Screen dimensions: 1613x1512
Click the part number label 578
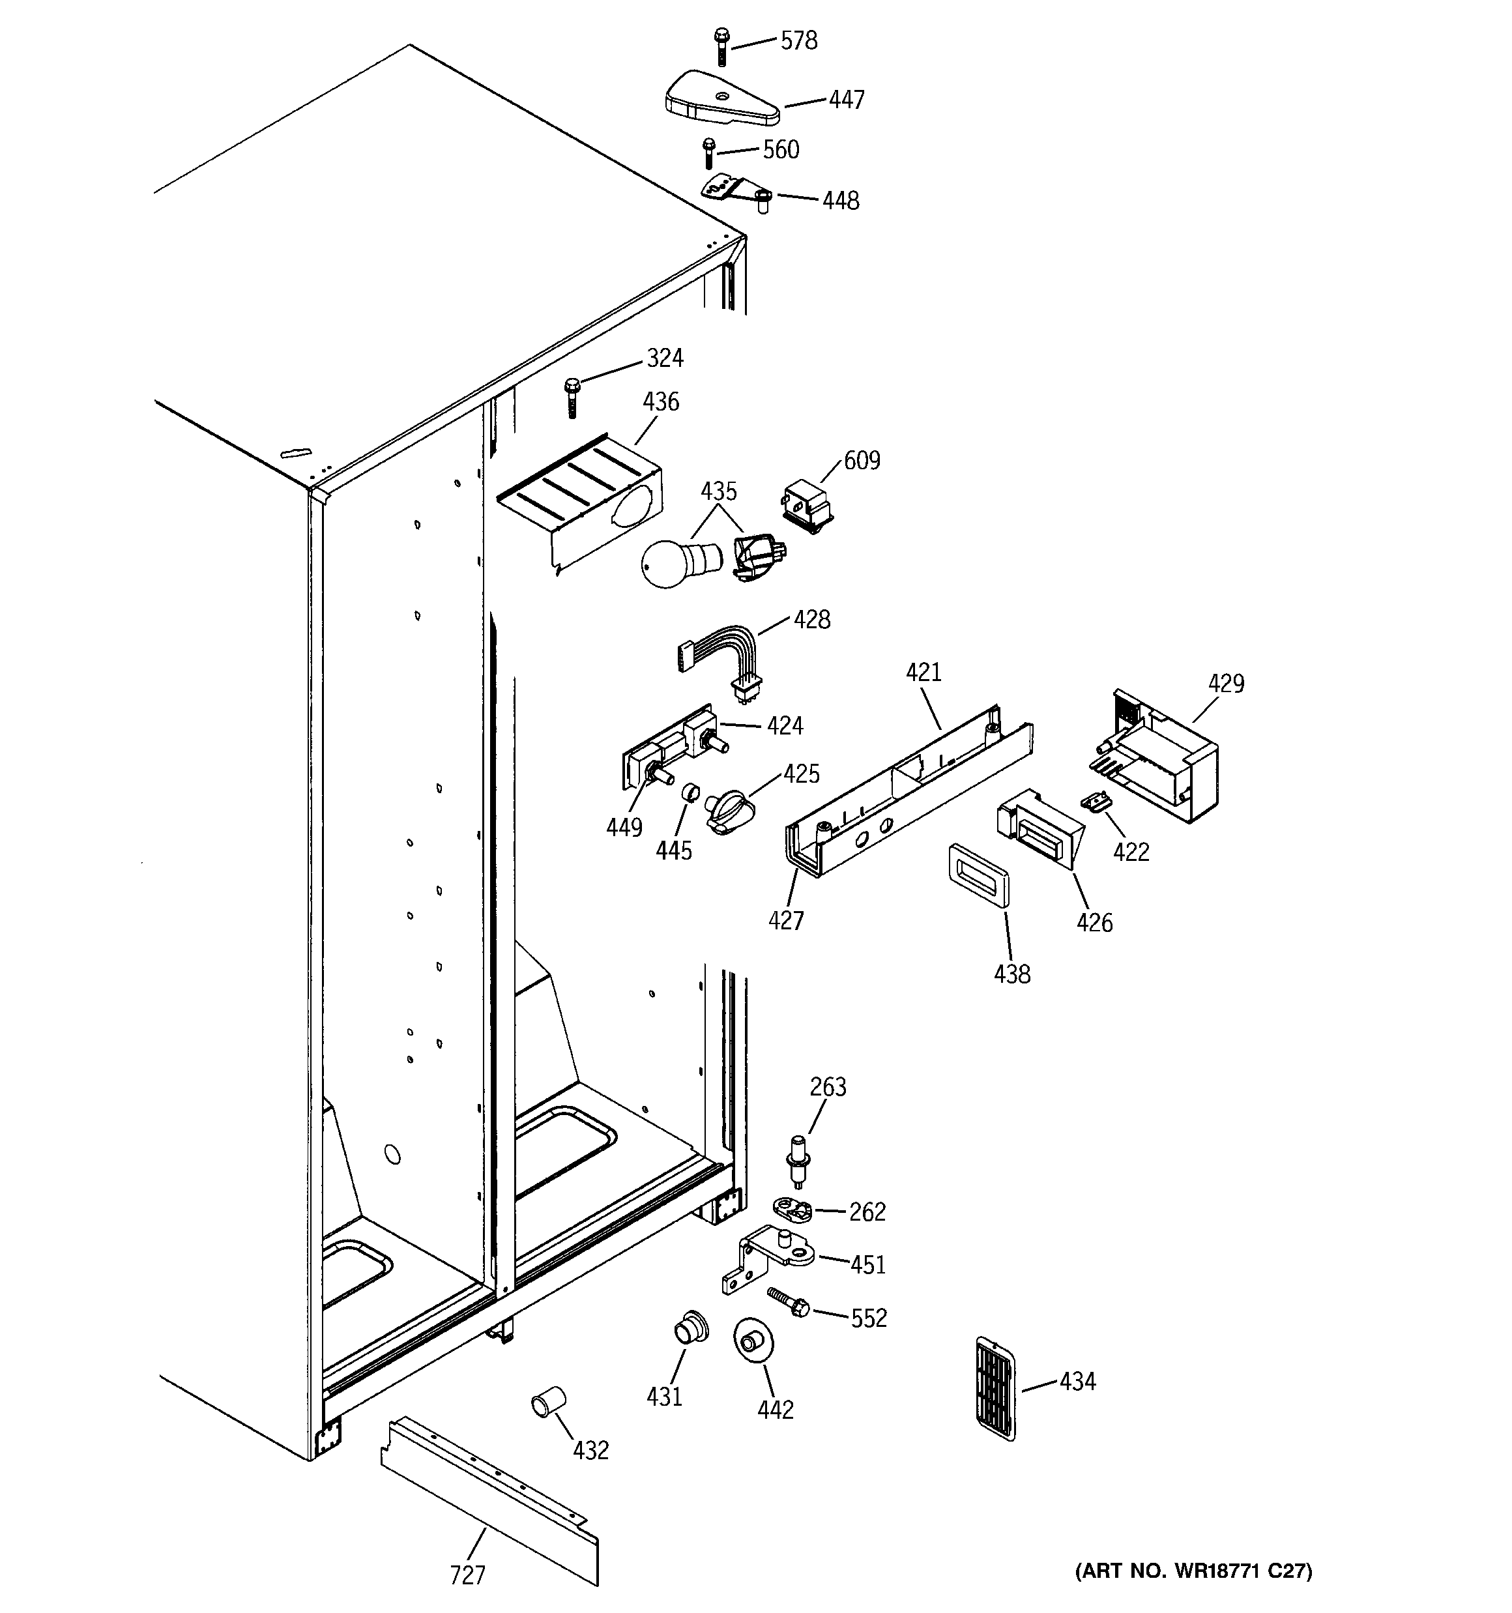(798, 40)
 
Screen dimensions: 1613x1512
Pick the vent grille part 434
(995, 1388)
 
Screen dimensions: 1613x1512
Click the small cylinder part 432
(548, 1402)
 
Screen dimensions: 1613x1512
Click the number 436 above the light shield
(661, 401)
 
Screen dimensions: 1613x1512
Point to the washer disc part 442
(753, 1343)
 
